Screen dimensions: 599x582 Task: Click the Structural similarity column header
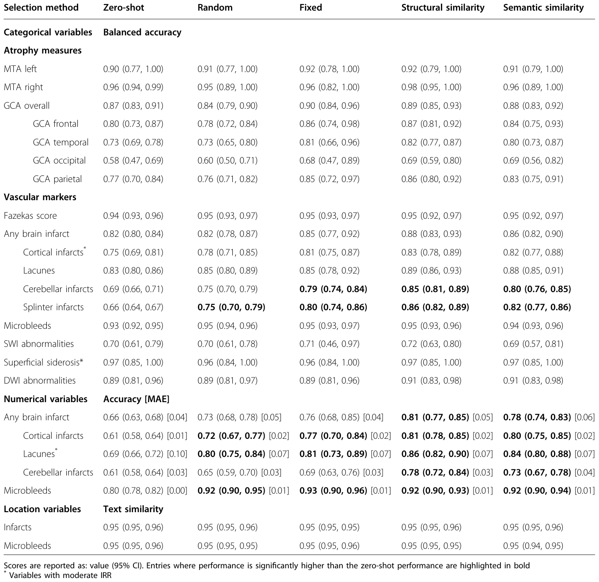pyautogui.click(x=443, y=8)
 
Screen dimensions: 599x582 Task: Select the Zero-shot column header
pyautogui.click(x=123, y=8)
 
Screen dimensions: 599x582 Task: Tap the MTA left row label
pyautogui.click(x=20, y=68)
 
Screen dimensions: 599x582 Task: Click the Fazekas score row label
pyautogui.click(x=30, y=216)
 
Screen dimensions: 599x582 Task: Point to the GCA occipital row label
pyautogui.click(x=59, y=160)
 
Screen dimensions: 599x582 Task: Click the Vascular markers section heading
pyautogui.click(x=40, y=197)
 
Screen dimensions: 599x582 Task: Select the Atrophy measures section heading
pyautogui.click(x=43, y=50)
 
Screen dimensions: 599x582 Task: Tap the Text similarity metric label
pyautogui.click(x=133, y=509)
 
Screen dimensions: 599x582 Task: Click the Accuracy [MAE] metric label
pyautogui.click(x=136, y=399)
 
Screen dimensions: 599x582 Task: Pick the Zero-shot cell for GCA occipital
pyautogui.click(x=133, y=160)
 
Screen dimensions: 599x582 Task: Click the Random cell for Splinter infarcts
pyautogui.click(x=231, y=307)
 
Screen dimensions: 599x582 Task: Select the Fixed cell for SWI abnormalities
pyautogui.click(x=330, y=344)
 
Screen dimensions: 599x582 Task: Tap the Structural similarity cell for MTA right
pyautogui.click(x=431, y=87)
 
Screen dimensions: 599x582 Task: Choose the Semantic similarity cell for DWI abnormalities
pyautogui.click(x=533, y=380)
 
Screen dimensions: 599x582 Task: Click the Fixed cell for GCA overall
pyautogui.click(x=330, y=106)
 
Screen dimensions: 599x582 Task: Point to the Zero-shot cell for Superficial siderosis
pyautogui.click(x=133, y=362)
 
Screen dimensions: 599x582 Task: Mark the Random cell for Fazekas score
pyautogui.click(x=227, y=216)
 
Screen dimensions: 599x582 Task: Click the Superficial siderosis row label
pyautogui.click(x=43, y=362)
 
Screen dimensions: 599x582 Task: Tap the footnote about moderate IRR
pyautogui.click(x=57, y=574)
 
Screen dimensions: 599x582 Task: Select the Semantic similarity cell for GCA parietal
pyautogui.click(x=533, y=179)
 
